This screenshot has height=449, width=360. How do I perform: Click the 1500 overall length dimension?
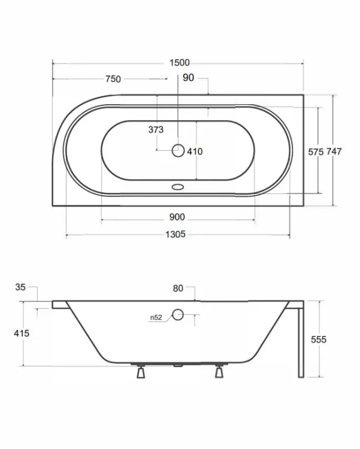coord(180,63)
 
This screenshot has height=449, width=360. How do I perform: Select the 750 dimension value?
coord(113,79)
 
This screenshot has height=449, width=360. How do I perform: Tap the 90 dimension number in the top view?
coord(188,78)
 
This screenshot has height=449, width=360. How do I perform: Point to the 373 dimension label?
coord(156,130)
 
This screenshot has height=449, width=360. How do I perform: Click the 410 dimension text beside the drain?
coord(195,151)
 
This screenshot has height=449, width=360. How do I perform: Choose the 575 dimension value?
coord(316,152)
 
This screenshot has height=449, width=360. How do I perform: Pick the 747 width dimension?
coord(334,151)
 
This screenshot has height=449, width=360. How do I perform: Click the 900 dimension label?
coord(177,217)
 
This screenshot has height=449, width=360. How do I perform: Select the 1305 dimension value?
coord(176,234)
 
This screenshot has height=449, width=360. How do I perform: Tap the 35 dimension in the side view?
coord(20,287)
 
